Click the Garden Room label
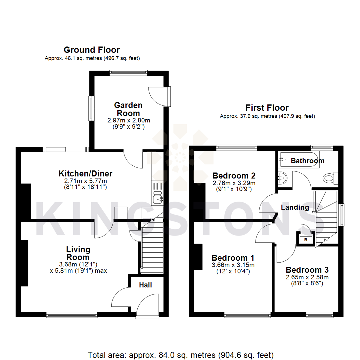128,109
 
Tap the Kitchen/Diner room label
85,174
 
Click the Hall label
146,285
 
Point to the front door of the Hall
147,305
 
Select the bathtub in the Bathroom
298,160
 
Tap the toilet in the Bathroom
330,178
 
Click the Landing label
295,207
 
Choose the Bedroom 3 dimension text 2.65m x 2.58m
307,277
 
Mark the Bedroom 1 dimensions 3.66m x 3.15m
233,265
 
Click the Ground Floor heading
92,50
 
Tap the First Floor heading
267,108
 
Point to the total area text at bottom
180,354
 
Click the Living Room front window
72,314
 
